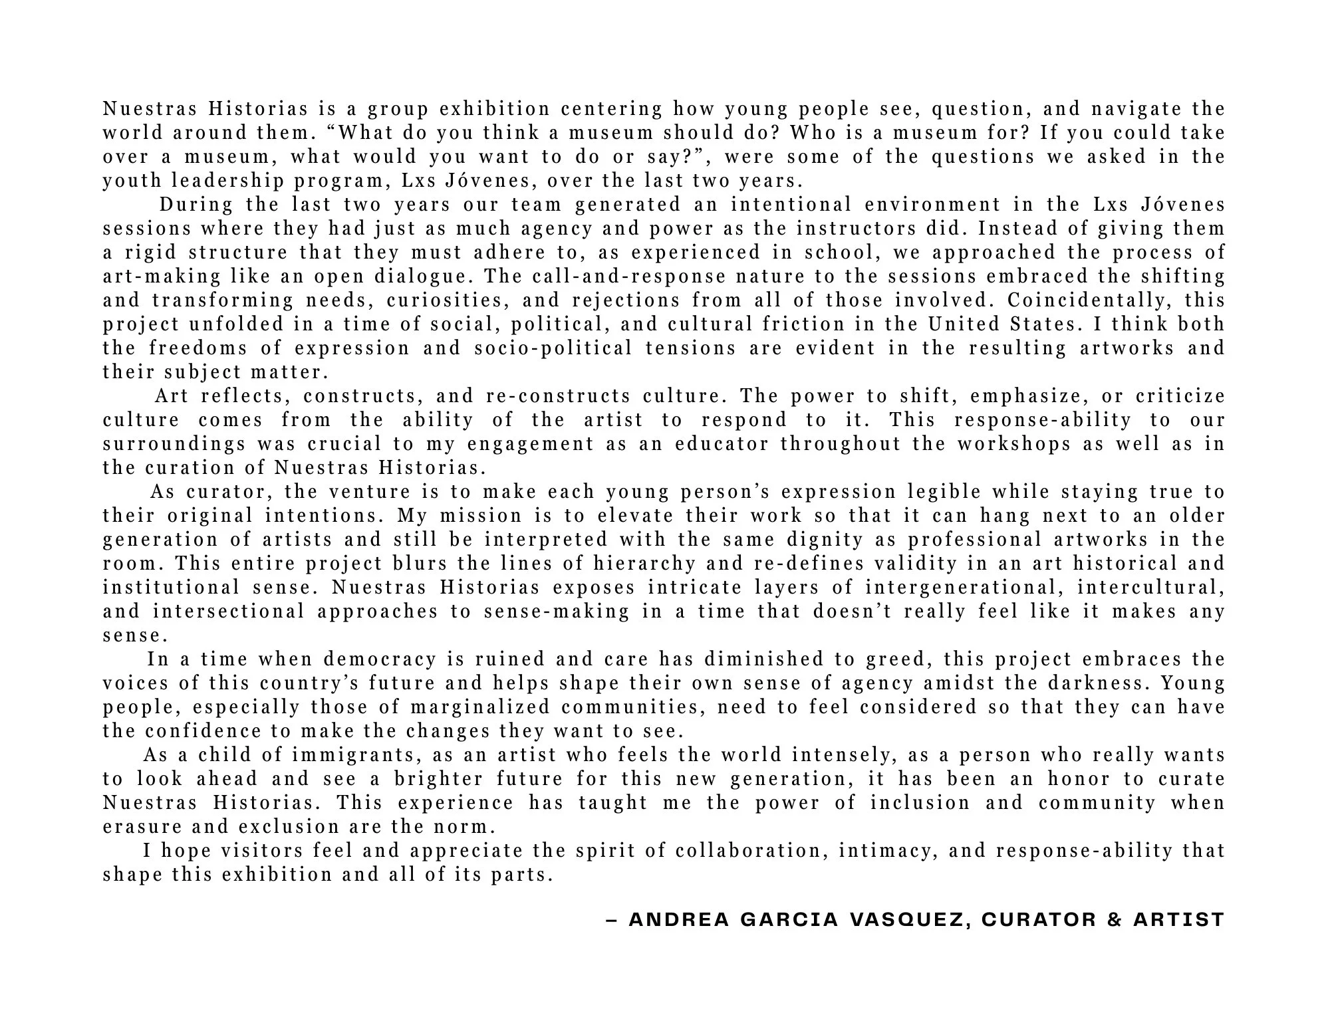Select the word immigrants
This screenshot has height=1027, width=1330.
[354, 755]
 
